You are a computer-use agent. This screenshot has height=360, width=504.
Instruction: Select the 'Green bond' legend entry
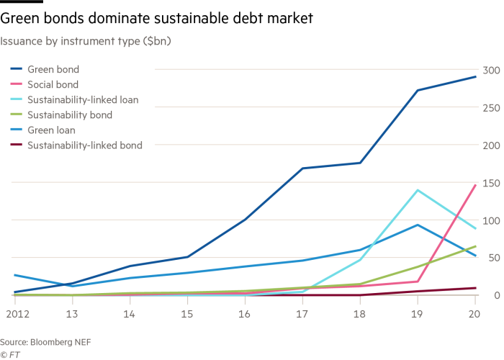53,70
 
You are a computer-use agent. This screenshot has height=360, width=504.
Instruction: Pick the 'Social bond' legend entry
53,85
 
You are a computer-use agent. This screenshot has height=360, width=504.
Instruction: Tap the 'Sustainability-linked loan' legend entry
83,100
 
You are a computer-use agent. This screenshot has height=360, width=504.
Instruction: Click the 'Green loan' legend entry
51,130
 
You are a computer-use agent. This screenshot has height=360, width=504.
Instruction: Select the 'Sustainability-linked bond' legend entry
84,145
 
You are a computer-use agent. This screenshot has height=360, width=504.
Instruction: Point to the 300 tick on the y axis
491,70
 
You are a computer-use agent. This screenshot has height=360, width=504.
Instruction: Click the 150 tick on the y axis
491,183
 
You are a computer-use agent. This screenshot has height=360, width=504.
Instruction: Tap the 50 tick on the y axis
491,258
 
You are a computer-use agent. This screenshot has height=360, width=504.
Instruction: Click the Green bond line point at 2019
418,90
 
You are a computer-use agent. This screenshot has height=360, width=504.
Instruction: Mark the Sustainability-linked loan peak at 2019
418,190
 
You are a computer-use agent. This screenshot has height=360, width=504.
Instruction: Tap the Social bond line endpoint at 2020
475,185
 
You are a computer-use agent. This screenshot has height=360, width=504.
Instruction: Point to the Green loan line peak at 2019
418,225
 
